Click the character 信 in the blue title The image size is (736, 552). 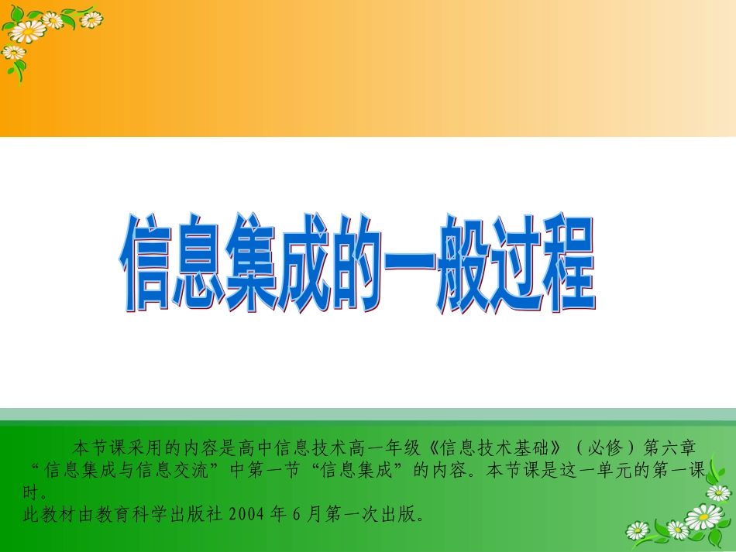(x=145, y=264)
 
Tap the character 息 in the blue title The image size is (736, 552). (x=197, y=264)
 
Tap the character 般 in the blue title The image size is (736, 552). (x=463, y=264)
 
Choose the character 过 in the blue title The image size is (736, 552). (x=516, y=264)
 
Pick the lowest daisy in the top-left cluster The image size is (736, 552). (x=13, y=53)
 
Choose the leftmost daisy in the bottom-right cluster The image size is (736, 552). (x=638, y=530)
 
